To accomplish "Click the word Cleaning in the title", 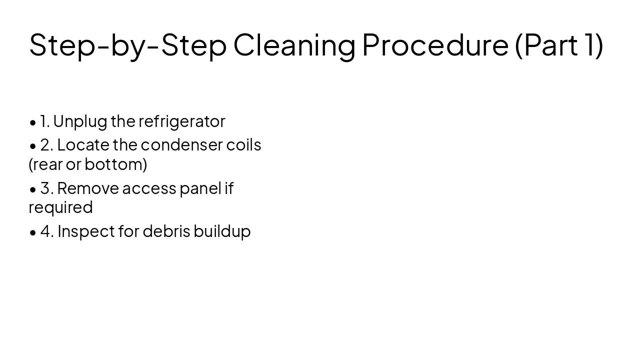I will click(x=294, y=45).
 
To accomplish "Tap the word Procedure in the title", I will click(x=435, y=45).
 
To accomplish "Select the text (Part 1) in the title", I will click(x=559, y=45).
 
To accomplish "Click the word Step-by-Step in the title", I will click(x=127, y=45).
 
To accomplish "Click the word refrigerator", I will click(x=182, y=121).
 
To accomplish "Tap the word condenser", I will click(x=181, y=145).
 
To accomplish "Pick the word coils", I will click(x=244, y=145).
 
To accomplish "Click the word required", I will click(x=60, y=207).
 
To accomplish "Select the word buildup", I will click(x=222, y=231).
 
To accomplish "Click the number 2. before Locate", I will click(x=46, y=145).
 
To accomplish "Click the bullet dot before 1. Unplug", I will click(x=33, y=122).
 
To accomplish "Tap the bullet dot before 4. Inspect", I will click(x=33, y=232).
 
